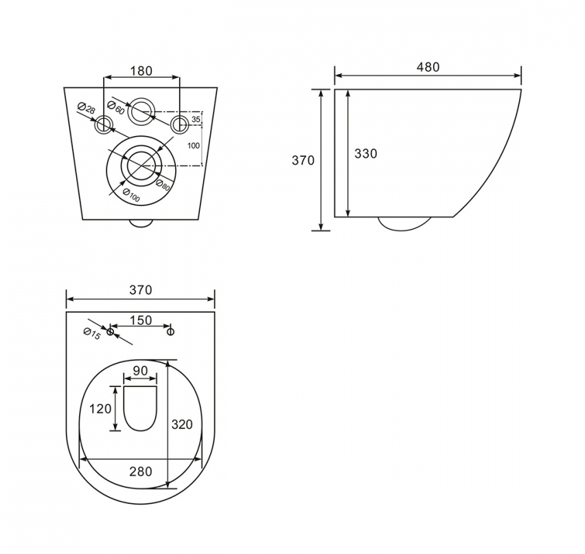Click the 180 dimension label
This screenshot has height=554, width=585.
141,71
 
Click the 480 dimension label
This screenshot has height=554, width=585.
428,67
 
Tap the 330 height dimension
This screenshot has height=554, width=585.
365,153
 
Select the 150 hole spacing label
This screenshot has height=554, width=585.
141,320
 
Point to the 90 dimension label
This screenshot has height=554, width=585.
140,370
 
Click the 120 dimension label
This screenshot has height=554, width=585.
100,409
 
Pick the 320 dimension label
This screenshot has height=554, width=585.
182,424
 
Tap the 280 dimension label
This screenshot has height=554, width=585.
141,472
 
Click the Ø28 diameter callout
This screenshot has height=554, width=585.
87,108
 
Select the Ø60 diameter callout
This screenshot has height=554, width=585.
115,108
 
